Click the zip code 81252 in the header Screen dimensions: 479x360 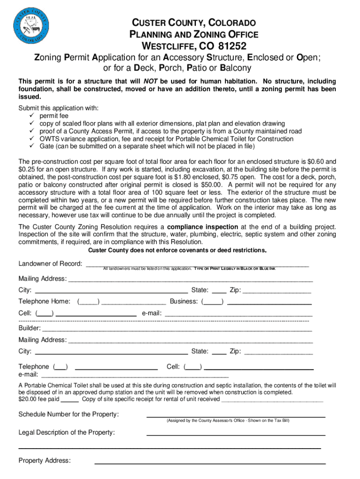point(229,46)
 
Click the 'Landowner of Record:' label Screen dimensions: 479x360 point(50,264)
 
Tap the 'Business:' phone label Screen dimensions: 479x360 point(184,301)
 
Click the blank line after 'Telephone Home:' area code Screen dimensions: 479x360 point(133,302)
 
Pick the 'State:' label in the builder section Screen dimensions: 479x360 point(200,351)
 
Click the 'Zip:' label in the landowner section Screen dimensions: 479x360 point(235,290)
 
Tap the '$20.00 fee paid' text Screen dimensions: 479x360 point(39,399)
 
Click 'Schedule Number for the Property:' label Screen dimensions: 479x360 point(68,414)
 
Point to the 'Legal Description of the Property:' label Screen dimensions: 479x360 point(66,432)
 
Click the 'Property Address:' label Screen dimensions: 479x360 point(44,461)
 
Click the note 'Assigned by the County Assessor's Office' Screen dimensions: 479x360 point(206,421)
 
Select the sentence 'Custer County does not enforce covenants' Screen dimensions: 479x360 point(177,250)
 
